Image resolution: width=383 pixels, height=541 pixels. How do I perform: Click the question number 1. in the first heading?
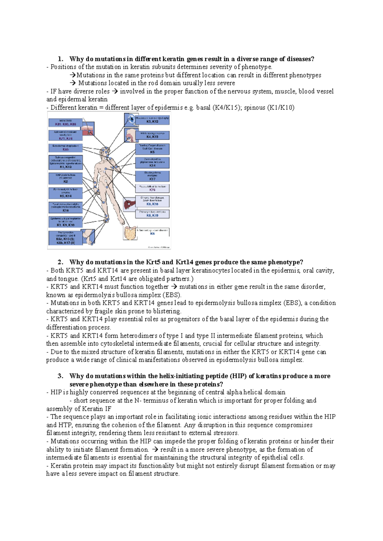click(x=60, y=59)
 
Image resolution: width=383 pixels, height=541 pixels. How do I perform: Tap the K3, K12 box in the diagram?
click(x=152, y=120)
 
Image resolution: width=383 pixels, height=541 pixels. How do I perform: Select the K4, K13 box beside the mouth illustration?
click(x=152, y=135)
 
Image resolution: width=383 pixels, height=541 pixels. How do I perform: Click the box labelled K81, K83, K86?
click(x=66, y=123)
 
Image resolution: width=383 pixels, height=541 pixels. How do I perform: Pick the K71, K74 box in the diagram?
click(x=66, y=135)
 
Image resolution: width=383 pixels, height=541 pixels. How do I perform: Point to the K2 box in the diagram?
click(x=66, y=178)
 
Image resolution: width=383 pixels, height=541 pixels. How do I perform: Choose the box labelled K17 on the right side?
click(x=152, y=176)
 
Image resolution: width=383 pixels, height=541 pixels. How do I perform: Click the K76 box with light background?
click(x=152, y=188)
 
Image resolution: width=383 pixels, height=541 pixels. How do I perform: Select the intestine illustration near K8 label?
click(x=130, y=233)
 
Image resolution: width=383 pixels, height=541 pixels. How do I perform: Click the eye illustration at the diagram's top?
click(x=131, y=120)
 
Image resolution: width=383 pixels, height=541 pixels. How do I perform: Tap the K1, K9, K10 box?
click(x=66, y=222)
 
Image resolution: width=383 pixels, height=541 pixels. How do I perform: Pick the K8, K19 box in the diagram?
click(x=152, y=214)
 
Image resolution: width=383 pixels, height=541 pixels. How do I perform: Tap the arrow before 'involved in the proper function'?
click(x=115, y=92)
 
